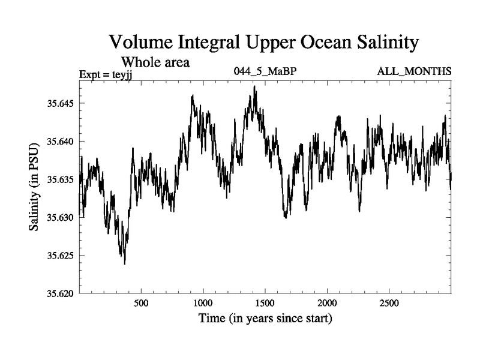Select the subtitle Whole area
156,62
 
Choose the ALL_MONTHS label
414,72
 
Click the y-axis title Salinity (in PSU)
34,187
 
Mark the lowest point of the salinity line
125,263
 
